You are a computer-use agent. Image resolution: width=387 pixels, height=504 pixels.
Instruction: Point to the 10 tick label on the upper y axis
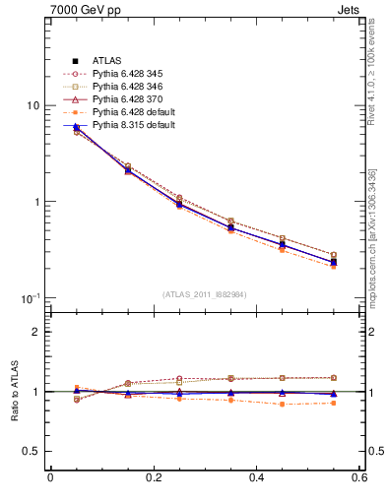32,106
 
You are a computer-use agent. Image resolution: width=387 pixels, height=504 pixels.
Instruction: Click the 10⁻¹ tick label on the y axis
31,298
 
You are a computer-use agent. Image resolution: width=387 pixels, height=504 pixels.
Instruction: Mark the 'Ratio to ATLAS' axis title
13,392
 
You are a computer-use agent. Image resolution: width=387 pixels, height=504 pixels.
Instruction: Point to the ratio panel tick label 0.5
32,451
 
